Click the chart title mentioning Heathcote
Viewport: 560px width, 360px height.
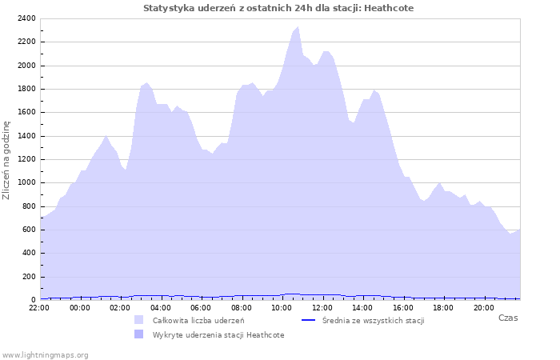coord(278,8)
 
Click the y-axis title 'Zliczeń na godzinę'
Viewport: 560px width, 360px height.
coord(6,160)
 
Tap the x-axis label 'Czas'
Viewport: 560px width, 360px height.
coord(507,318)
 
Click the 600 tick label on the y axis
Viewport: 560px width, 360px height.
coord(28,230)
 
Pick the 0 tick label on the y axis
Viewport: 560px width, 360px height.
coord(33,299)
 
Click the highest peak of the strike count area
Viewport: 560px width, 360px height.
coord(298,28)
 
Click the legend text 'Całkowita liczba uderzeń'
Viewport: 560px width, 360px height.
coord(198,320)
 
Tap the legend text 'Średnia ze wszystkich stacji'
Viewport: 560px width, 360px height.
coord(372,320)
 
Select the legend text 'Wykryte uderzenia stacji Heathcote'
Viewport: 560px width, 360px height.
coord(218,334)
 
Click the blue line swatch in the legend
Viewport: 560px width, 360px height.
coord(308,320)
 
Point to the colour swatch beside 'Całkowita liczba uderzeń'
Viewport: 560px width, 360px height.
coord(139,320)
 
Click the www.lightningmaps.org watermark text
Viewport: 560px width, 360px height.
coord(45,354)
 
